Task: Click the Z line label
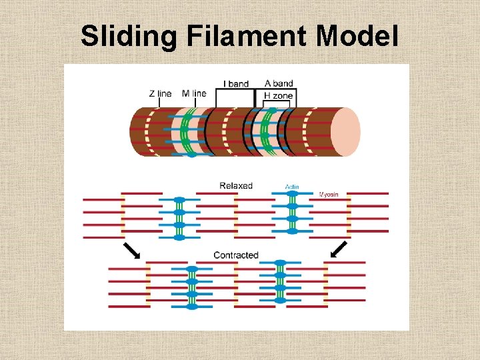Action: [x=160, y=94]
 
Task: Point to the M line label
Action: [x=194, y=94]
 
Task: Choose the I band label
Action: [x=236, y=84]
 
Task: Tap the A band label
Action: [x=279, y=83]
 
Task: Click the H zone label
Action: [x=278, y=96]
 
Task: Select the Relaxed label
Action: [x=236, y=185]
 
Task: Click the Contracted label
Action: [x=236, y=255]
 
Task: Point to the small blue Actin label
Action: [x=292, y=187]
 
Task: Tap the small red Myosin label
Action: [x=329, y=195]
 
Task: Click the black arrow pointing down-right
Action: [x=132, y=250]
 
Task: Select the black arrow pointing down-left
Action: [x=339, y=249]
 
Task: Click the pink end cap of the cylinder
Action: [x=345, y=131]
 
